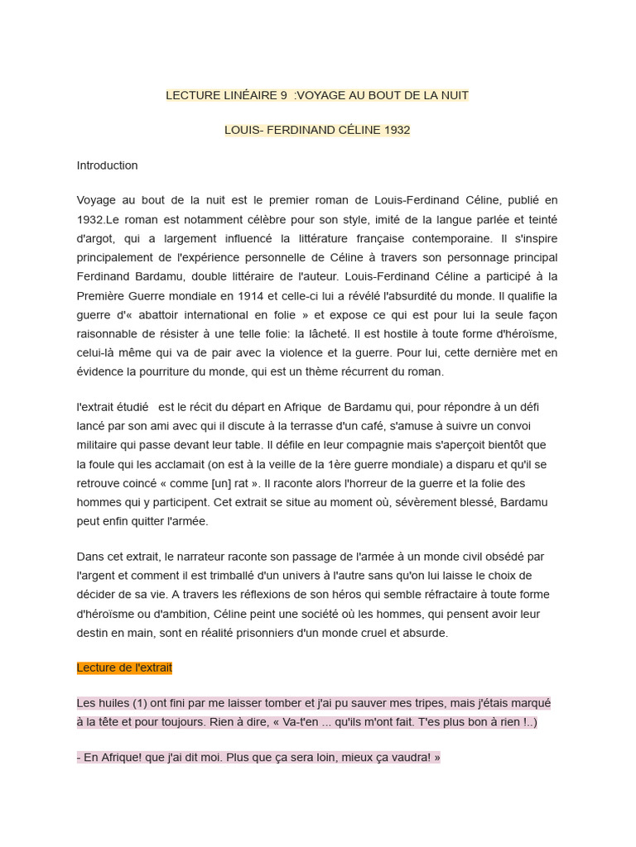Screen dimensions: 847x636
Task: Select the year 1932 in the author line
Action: [x=397, y=130]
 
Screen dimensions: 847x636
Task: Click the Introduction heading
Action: [x=108, y=165]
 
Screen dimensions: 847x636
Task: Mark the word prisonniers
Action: [x=336, y=633]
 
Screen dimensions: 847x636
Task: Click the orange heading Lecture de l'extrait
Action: [x=124, y=668]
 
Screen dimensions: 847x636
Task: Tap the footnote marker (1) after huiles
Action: [x=124, y=703]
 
